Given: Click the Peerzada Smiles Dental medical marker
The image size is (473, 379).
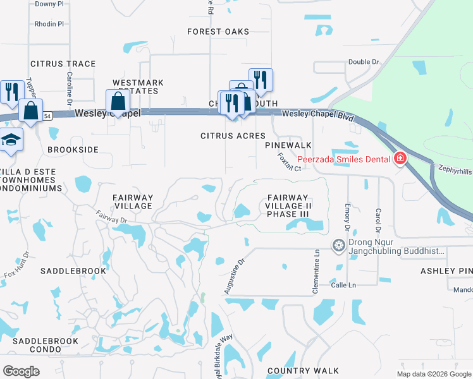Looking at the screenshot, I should click(x=400, y=159).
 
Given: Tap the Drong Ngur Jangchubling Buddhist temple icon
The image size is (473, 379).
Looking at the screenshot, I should click(x=339, y=244).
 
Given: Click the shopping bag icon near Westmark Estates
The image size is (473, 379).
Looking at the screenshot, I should click(x=118, y=100).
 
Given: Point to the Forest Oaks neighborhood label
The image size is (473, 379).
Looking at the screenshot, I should click(x=218, y=32).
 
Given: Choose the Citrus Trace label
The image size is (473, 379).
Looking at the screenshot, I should click(x=63, y=64).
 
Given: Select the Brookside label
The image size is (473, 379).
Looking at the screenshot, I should click(x=73, y=150).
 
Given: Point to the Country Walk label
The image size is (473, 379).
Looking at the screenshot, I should click(x=304, y=371).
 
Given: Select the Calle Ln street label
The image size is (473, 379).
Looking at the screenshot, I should click(x=344, y=286).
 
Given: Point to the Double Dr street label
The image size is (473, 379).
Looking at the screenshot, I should click(x=363, y=62).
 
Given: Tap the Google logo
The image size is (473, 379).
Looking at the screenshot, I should click(x=21, y=371).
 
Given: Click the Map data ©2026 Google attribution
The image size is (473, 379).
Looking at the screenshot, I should click(x=434, y=374).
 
